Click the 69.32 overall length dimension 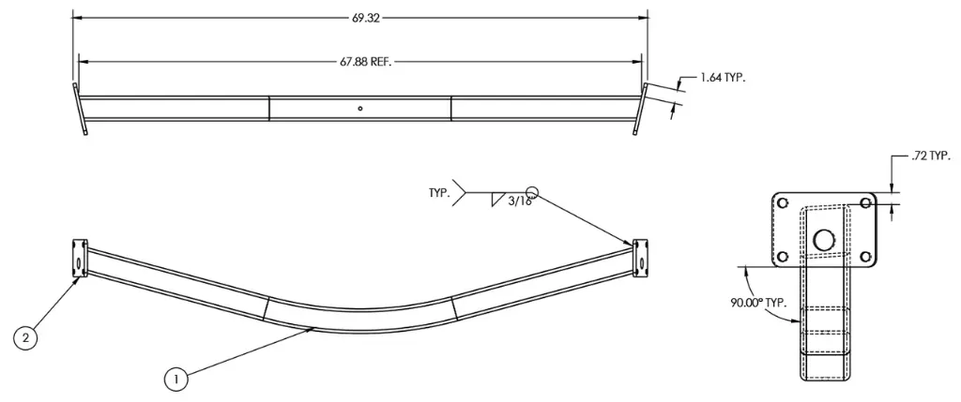tap(360, 18)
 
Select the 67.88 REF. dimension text tap(365, 62)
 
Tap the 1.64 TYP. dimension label tap(723, 78)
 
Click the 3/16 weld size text tap(520, 201)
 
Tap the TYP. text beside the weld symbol tap(439, 192)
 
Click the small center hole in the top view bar tap(360, 109)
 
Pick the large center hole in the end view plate tap(824, 240)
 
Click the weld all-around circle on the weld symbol tap(532, 190)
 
